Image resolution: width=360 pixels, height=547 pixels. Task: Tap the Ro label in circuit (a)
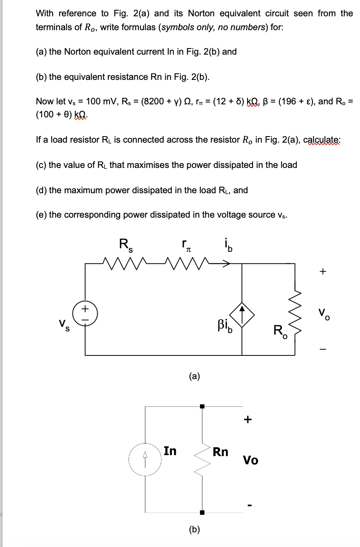[x=280, y=331]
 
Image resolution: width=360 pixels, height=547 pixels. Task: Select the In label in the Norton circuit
[x=170, y=451]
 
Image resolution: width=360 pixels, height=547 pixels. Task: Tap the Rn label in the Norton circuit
[x=220, y=452]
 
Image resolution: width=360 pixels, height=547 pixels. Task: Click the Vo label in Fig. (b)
[x=250, y=460]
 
